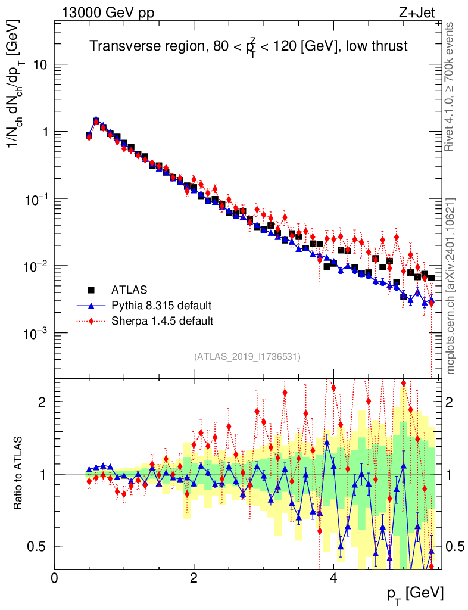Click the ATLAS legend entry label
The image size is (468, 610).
click(129, 290)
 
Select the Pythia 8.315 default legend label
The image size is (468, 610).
click(161, 306)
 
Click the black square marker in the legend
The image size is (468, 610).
click(92, 290)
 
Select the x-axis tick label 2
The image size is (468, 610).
click(194, 578)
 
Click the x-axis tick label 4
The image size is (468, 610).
click(333, 578)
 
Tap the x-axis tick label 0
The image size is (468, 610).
click(54, 578)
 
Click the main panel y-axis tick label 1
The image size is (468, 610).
click(43, 132)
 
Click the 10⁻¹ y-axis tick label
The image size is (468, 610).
click(35, 198)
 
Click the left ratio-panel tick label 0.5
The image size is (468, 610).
click(39, 546)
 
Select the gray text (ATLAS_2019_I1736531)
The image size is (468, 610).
click(247, 357)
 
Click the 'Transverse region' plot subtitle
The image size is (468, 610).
click(248, 46)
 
